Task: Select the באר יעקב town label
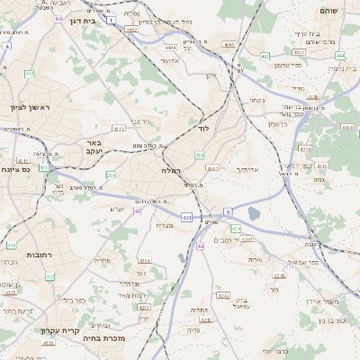click(x=94, y=147)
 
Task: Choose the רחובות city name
click(x=38, y=242)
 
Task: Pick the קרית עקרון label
click(x=56, y=330)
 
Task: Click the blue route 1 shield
click(x=110, y=19)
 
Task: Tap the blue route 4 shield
click(x=6, y=45)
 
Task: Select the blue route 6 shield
click(x=228, y=211)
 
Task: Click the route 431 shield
click(x=186, y=217)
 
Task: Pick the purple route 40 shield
click(x=138, y=211)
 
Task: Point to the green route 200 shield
click(x=110, y=175)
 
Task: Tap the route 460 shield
click(x=265, y=56)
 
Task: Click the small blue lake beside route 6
click(x=254, y=213)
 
